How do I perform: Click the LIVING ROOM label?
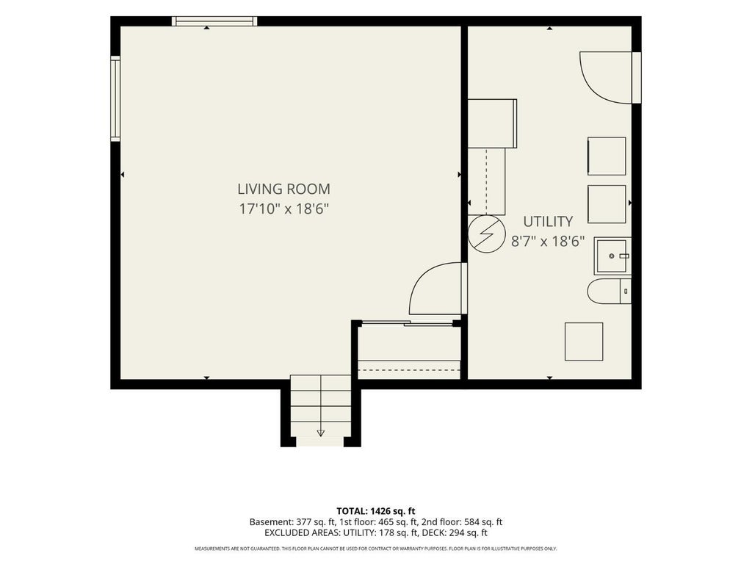click(x=284, y=189)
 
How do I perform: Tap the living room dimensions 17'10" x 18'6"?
click(x=284, y=209)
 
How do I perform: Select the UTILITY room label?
click(x=548, y=222)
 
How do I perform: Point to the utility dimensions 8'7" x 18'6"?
click(x=548, y=241)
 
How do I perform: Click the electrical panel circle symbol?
click(x=487, y=234)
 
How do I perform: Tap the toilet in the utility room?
click(x=609, y=291)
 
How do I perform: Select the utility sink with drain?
click(x=612, y=256)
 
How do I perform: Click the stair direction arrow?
click(x=321, y=433)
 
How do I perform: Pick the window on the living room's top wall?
click(x=214, y=21)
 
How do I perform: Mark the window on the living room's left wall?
click(x=115, y=99)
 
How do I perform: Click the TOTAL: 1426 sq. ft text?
click(x=375, y=511)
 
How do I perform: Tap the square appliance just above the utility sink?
click(x=607, y=204)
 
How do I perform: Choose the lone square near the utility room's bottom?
click(x=584, y=341)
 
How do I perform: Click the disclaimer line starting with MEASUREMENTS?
click(x=375, y=549)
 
